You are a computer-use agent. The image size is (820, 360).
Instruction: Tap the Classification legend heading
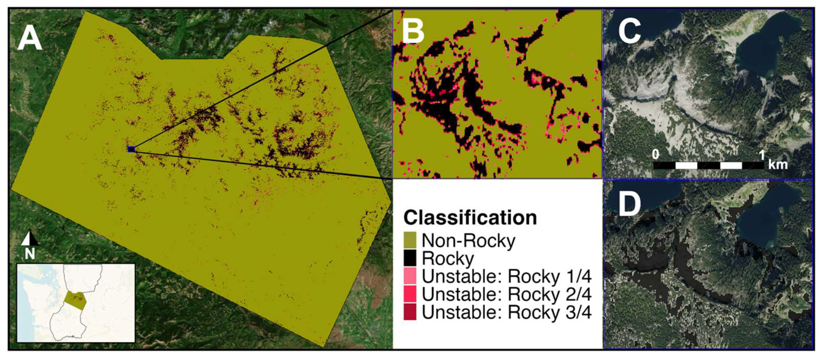tap(470, 218)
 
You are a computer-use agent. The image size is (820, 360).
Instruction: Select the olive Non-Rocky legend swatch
tap(410, 240)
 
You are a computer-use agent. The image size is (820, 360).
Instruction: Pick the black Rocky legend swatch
tap(410, 258)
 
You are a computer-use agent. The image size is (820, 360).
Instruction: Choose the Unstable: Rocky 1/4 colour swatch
tap(410, 276)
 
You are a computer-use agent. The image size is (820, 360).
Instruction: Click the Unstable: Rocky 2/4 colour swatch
tap(410, 294)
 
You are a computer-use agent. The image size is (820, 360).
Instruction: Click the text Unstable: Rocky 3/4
tap(506, 312)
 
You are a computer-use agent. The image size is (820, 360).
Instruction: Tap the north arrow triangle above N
tap(30, 239)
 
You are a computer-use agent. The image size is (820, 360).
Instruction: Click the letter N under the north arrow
tap(30, 254)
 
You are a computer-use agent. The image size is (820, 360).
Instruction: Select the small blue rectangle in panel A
tap(131, 149)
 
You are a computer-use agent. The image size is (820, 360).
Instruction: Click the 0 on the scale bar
tap(655, 155)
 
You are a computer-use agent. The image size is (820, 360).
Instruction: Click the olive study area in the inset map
tap(75, 300)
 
